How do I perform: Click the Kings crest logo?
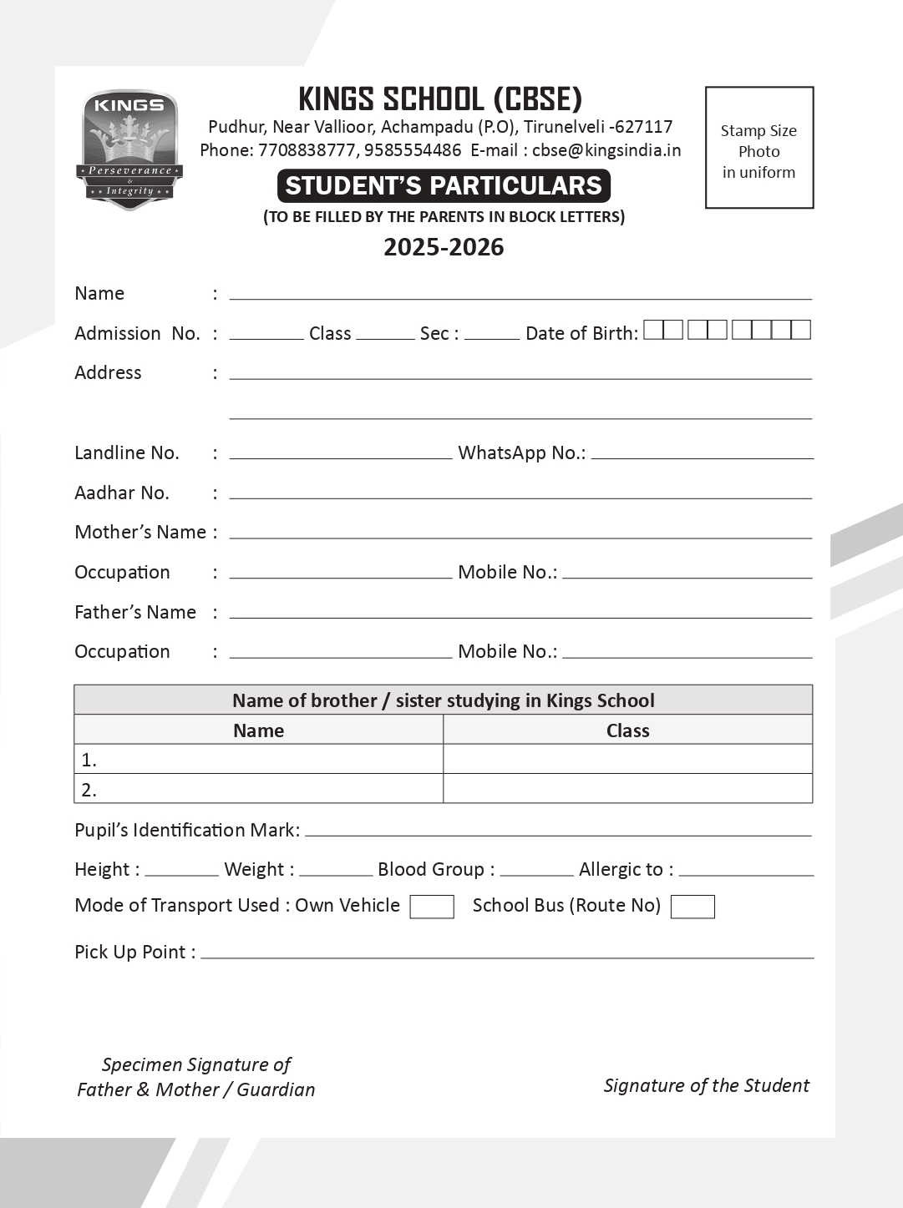click(129, 149)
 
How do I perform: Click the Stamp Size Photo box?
click(758, 148)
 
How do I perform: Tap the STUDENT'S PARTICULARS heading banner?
click(444, 185)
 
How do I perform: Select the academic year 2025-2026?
click(444, 247)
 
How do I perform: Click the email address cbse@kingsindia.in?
click(606, 150)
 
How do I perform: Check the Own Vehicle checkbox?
click(431, 907)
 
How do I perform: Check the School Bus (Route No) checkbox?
click(692, 907)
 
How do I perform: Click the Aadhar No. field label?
click(122, 493)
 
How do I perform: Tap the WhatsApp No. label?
click(521, 452)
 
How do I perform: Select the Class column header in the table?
click(627, 730)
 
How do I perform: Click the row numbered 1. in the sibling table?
click(258, 760)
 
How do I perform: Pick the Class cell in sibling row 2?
click(627, 789)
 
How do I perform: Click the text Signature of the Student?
click(706, 1085)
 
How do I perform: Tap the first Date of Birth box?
click(653, 330)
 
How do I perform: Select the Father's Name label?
click(135, 612)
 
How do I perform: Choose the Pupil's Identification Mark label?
click(186, 830)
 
